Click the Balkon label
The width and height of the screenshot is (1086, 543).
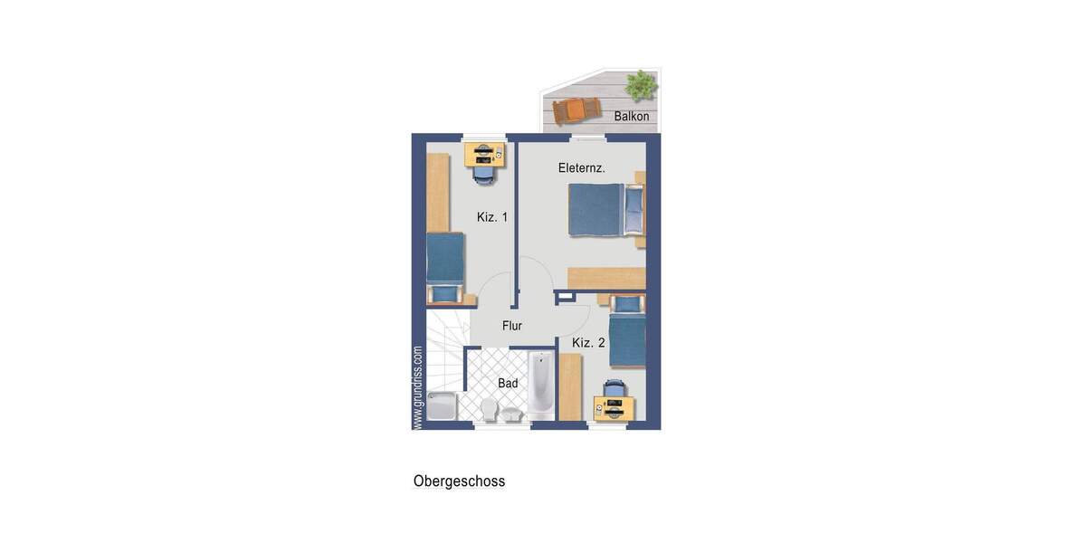(631, 117)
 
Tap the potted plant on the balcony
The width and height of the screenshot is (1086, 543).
(642, 85)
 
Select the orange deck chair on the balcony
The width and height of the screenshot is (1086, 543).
(576, 110)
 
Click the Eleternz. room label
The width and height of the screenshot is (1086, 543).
(581, 168)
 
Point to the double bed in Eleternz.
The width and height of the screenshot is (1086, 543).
(597, 210)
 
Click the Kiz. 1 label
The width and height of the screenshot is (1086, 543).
(492, 217)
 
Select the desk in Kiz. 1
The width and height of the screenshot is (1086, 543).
(484, 154)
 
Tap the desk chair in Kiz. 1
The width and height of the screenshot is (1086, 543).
(484, 175)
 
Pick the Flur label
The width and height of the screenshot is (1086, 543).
(512, 326)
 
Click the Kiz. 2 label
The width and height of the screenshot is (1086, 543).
(588, 343)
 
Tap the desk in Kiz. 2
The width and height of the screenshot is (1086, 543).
(614, 410)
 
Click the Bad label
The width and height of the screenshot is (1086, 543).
(508, 384)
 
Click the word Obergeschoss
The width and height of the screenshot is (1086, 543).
(459, 481)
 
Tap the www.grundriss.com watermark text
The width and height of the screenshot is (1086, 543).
(417, 387)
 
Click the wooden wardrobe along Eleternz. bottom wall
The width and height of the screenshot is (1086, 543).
(605, 278)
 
